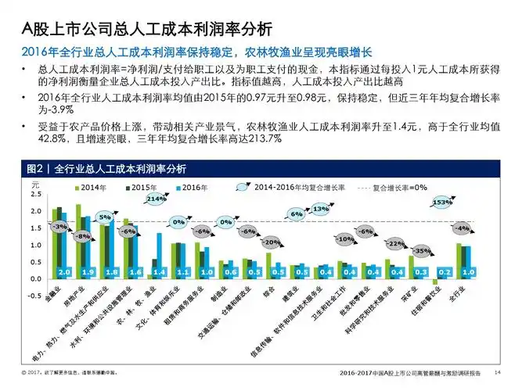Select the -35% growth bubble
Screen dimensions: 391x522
[422, 251]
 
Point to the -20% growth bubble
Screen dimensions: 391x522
[272, 242]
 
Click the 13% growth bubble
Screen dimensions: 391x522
[320, 210]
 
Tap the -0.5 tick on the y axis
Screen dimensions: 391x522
[35, 296]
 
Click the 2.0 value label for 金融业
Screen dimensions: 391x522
[64, 271]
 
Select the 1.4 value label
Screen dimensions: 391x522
[160, 271]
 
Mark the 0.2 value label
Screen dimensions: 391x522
[444, 271]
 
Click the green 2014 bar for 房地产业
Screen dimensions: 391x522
[78, 235]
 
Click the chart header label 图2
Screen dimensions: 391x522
[35, 169]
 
